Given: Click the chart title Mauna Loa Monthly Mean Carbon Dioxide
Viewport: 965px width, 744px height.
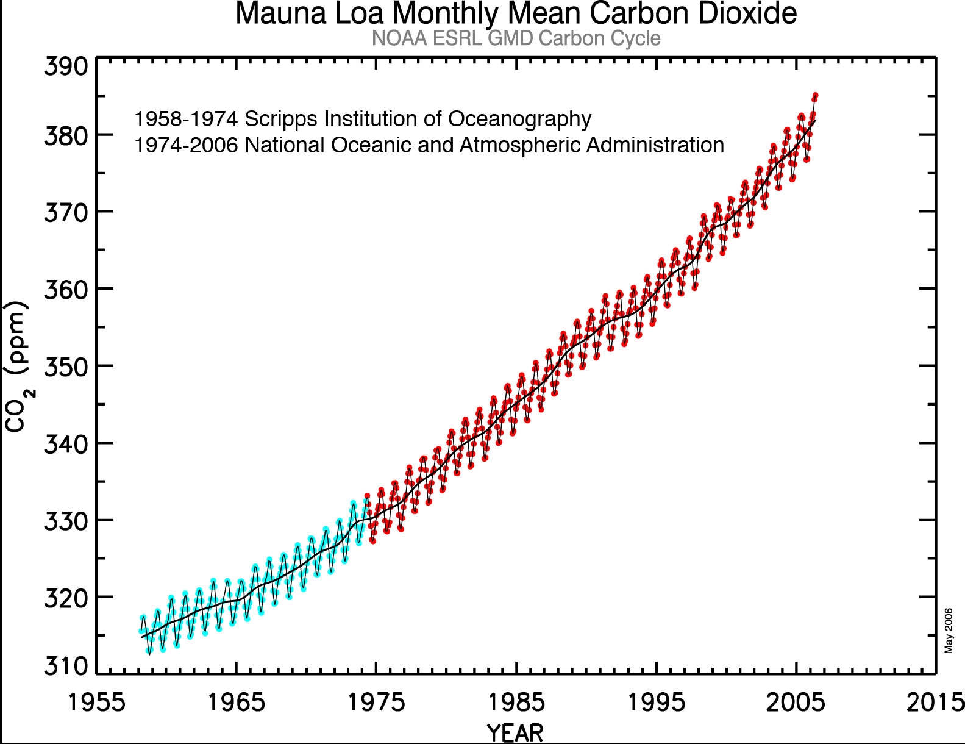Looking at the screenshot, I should point(516,13).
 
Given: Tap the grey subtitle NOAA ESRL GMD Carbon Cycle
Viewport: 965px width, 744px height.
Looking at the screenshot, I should point(516,38).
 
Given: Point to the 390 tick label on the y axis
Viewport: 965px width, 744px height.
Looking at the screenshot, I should point(66,66).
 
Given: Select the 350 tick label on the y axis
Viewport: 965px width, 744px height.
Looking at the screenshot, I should point(66,367).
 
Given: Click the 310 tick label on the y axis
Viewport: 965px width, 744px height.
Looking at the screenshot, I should point(66,666).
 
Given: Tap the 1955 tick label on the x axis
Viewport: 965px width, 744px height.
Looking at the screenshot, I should point(97,703).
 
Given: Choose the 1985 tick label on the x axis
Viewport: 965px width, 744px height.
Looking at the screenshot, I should point(516,703).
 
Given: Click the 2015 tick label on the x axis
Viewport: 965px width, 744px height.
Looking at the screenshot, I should point(935,703).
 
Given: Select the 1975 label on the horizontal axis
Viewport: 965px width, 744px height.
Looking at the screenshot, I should point(376,703).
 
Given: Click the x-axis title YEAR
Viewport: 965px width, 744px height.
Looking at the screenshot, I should point(515,732).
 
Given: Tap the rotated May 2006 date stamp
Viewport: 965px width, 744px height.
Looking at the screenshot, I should point(949,631).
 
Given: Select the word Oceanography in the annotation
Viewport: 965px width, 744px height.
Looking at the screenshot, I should point(520,119).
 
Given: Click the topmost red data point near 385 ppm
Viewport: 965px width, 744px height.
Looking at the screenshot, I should point(815,96).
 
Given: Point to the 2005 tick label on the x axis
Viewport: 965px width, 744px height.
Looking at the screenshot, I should point(796,703).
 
